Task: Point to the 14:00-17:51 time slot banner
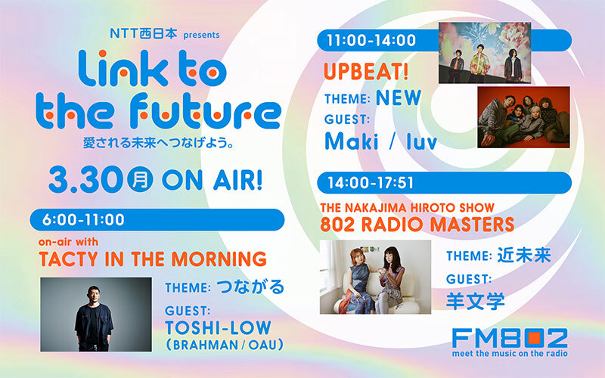[446, 183]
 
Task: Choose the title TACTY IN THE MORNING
[152, 259]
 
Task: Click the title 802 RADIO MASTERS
[418, 224]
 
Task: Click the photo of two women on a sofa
[375, 277]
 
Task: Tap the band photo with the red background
[523, 116]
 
